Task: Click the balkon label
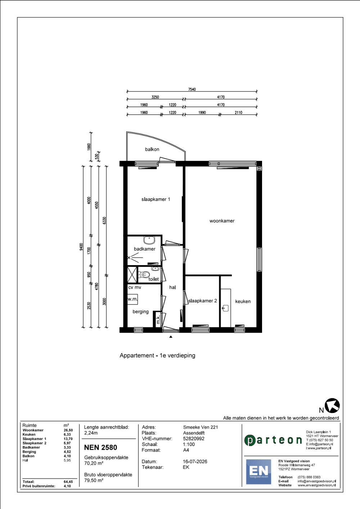[152, 149]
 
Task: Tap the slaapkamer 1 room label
[156, 199]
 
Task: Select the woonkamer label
[222, 221]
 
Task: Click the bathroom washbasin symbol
[149, 240]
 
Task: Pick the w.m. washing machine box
[132, 299]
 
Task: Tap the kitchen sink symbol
[225, 308]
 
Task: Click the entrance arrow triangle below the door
[171, 337]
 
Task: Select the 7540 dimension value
[192, 89]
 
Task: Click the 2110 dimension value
[239, 113]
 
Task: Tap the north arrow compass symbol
[332, 405]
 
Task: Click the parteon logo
[273, 440]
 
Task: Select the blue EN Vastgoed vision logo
[258, 472]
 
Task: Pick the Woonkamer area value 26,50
[68, 430]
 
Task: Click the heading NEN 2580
[100, 447]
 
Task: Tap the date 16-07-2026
[195, 462]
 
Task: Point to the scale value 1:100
[189, 444]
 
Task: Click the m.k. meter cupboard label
[158, 319]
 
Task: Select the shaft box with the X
[132, 274]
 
